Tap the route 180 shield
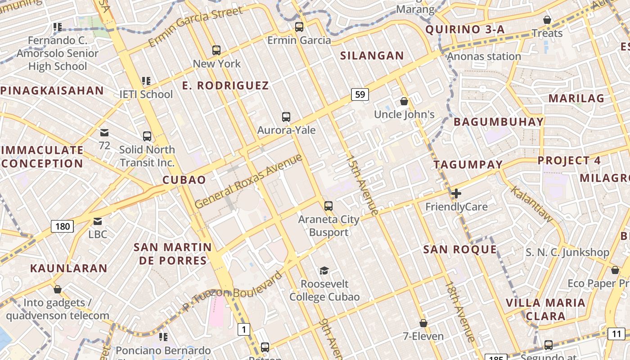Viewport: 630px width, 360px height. (x=62, y=226)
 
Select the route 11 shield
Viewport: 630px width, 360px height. (x=616, y=334)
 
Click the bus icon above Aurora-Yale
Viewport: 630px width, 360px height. (x=286, y=117)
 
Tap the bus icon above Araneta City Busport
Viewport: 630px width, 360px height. (x=328, y=206)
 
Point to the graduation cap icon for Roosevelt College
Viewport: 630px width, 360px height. (x=324, y=270)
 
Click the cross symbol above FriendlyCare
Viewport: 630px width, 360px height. (x=456, y=194)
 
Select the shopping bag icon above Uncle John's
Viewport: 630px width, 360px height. (x=404, y=101)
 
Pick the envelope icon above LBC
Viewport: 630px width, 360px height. (x=98, y=221)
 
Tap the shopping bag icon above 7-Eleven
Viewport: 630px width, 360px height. (x=423, y=323)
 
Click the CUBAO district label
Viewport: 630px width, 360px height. (x=184, y=180)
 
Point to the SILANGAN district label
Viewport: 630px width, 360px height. (x=372, y=56)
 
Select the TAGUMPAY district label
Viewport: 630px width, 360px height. (x=468, y=165)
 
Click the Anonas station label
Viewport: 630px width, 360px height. (x=484, y=57)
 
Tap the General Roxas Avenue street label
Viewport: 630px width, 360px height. (x=248, y=181)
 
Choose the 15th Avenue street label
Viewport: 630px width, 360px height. (x=362, y=185)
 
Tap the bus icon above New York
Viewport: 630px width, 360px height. (x=216, y=50)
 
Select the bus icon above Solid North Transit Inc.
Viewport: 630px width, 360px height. (x=147, y=136)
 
